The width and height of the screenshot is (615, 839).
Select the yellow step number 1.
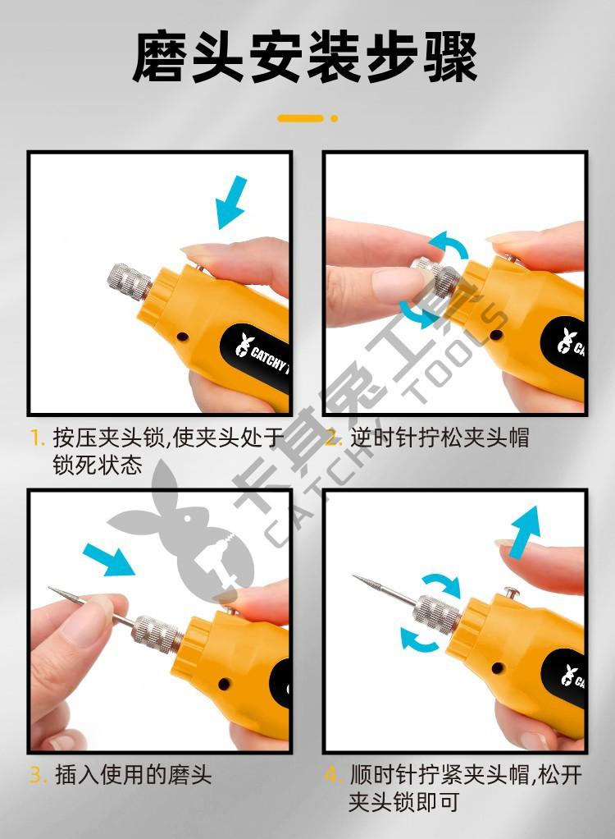36,438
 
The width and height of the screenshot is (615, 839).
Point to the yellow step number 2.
334,438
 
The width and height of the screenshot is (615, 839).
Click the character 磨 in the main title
160,56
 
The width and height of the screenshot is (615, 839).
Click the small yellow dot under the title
335,118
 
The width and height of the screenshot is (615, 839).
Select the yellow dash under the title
301,118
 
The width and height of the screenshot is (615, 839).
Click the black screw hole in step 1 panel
182,337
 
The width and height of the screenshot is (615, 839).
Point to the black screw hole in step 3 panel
224,683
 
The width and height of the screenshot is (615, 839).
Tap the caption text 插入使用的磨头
133,775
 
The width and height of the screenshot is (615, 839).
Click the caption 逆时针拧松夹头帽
440,438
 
